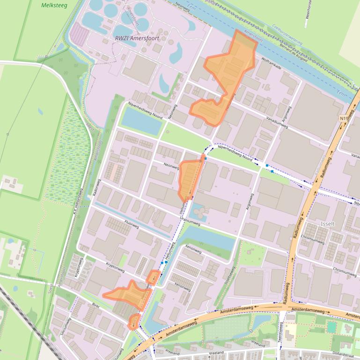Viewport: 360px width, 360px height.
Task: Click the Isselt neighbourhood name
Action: pyautogui.click(x=328, y=223)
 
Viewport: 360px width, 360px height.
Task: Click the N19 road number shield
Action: pyautogui.click(x=345, y=119)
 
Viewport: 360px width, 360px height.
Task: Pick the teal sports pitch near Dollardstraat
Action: pyautogui.click(x=331, y=327)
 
